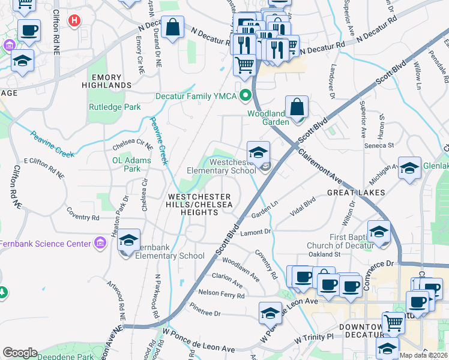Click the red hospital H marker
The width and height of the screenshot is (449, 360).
(x=74, y=22)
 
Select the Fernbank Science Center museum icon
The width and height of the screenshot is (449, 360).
(x=100, y=243)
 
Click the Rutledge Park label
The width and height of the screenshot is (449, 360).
(x=114, y=107)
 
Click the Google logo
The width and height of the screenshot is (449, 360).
(x=20, y=353)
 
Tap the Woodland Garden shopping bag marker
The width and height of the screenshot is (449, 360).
(x=297, y=108)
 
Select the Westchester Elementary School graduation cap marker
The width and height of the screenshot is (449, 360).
(x=259, y=153)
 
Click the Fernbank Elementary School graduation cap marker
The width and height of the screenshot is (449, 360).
(x=129, y=241)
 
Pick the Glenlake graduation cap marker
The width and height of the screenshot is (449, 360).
(x=410, y=169)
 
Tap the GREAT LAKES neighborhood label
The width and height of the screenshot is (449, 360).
(x=352, y=193)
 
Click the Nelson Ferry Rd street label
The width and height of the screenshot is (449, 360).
(x=221, y=295)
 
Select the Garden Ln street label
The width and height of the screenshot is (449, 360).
(x=265, y=210)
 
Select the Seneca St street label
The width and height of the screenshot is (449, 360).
(x=381, y=145)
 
